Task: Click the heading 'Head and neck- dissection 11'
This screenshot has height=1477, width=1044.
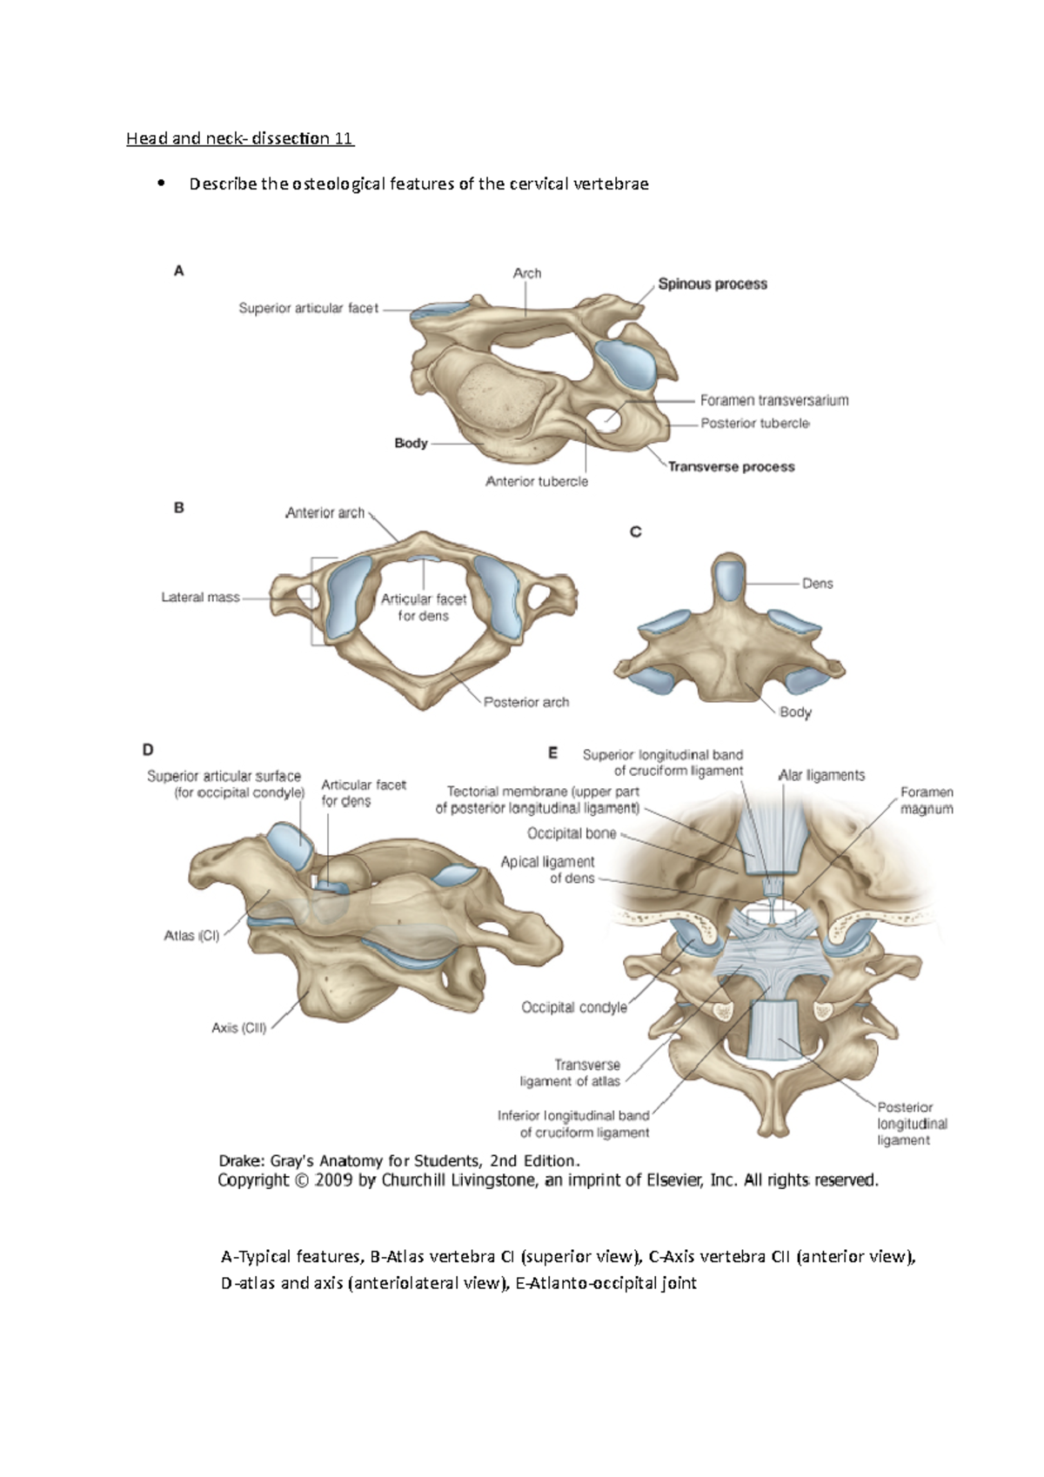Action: point(240,138)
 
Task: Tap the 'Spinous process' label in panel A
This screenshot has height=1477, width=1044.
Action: point(713,284)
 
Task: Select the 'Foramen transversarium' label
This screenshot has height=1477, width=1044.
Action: point(774,400)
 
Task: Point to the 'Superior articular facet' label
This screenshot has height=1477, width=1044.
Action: point(309,308)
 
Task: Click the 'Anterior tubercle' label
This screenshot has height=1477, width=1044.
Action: point(537,481)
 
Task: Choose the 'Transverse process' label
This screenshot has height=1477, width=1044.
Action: point(731,466)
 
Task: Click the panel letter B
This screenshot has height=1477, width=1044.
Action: point(179,508)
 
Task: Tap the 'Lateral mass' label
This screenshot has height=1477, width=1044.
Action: point(200,598)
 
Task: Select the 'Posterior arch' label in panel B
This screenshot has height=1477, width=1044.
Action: point(526,702)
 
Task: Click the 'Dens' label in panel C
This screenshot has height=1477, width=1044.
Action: point(817,584)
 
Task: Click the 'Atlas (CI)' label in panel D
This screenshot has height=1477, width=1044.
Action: point(191,936)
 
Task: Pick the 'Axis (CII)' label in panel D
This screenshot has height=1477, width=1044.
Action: point(238,1027)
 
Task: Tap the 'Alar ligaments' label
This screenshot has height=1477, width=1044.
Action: point(821,775)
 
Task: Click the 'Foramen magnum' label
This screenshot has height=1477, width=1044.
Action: point(927,800)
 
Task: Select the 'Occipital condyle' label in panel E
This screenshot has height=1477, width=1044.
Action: point(574,1007)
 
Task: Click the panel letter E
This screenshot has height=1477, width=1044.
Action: point(552,754)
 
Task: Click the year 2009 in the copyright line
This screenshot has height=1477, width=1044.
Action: point(334,1180)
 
